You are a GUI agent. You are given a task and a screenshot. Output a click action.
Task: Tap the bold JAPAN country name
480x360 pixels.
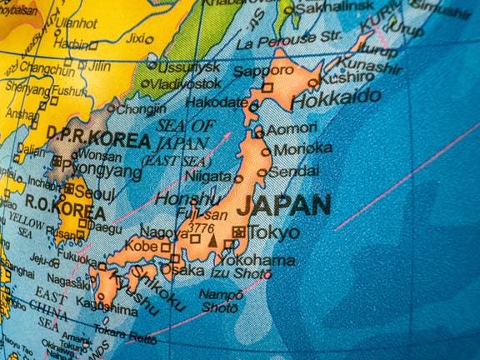point(283,205)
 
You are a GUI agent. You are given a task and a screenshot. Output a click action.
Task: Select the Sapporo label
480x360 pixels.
point(262,71)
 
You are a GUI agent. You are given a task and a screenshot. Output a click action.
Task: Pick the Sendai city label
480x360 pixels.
point(294,171)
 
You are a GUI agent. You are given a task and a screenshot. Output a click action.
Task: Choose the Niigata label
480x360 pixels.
point(208,177)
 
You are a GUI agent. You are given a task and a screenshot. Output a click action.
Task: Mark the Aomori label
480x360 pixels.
point(292,128)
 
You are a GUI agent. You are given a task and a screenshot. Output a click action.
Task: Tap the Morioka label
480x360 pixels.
point(303,149)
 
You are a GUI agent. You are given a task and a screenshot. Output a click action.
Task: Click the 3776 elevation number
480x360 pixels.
point(202,227)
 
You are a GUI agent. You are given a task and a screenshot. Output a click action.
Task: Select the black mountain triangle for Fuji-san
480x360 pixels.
point(212,241)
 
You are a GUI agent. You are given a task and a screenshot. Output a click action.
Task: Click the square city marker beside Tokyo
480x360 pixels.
point(240,232)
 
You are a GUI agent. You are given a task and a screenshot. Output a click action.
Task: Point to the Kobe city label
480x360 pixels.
point(142,247)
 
